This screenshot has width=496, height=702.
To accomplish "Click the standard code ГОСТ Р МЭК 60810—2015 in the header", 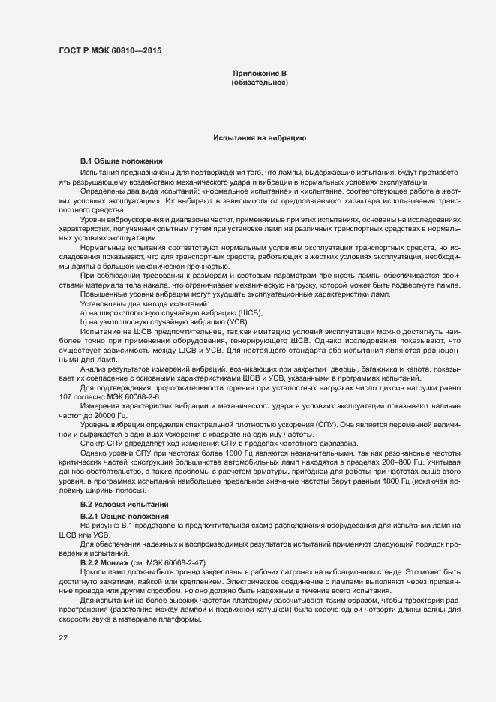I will click(x=110, y=51).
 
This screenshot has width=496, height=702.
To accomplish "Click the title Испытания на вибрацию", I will click(x=259, y=139).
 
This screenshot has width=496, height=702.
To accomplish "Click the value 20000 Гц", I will click(x=107, y=415).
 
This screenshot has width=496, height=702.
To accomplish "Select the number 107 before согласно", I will click(x=66, y=396).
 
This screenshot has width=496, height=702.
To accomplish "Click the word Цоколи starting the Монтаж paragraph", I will click(x=94, y=571).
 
